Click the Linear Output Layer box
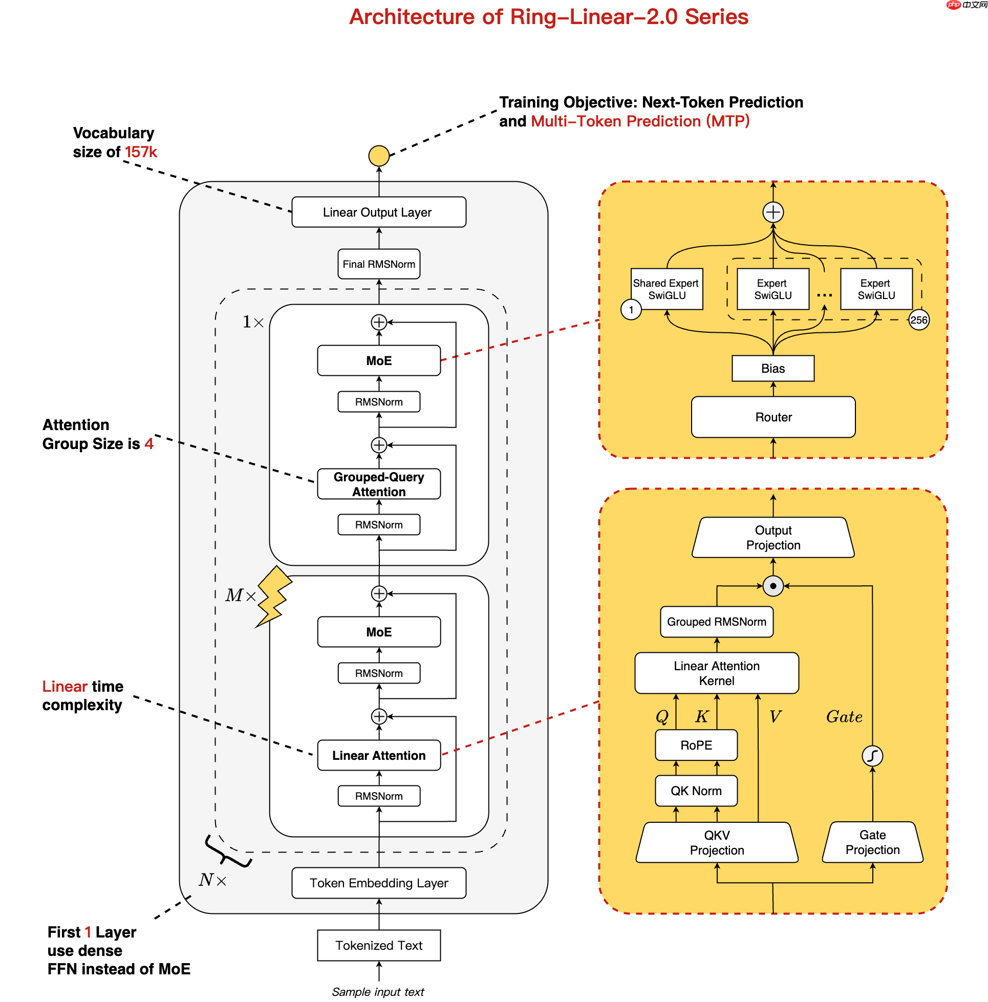coord(378,212)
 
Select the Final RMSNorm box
coord(378,264)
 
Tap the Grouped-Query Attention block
coord(378,483)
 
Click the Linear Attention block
coord(378,755)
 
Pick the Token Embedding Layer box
coord(378,882)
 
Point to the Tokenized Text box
coord(378,945)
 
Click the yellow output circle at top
coord(378,156)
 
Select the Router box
coord(772,416)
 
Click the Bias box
coord(772,368)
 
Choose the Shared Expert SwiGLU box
coord(666,289)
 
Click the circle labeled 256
coord(918,320)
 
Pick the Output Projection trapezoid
coord(772,537)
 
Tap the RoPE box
coord(696,744)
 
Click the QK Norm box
coord(696,790)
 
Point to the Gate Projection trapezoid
coord(872,841)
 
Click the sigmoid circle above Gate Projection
coord(872,755)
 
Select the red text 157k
coord(141,152)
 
